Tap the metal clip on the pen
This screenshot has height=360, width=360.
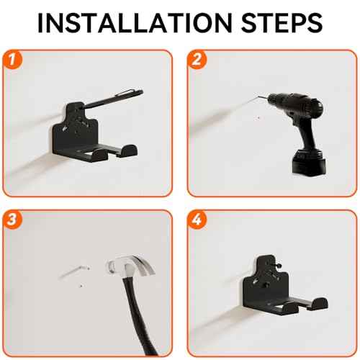pos(127,93)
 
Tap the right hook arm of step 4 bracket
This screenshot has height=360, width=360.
pos(310,305)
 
